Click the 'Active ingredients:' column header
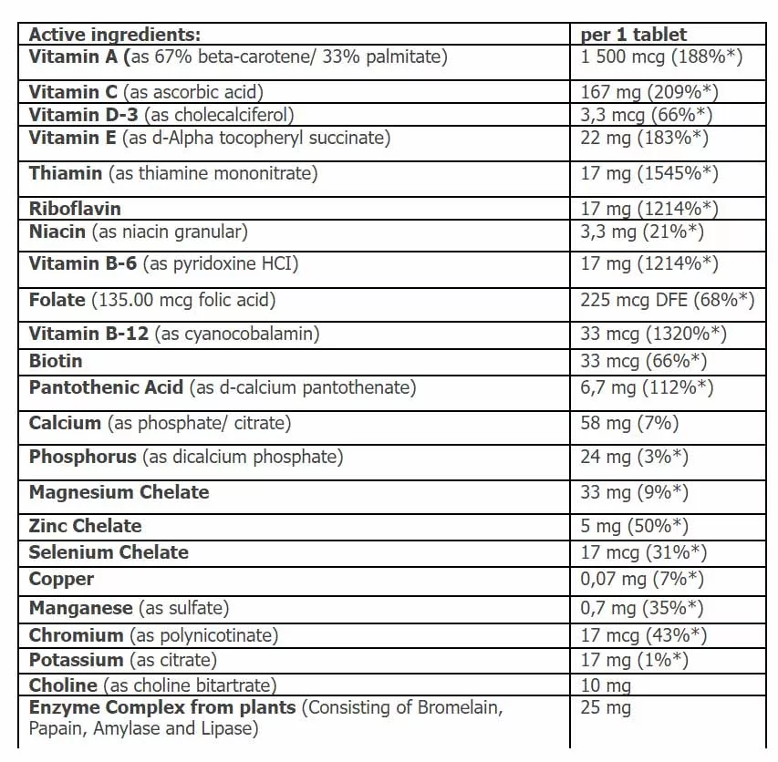(x=114, y=36)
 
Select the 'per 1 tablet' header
(x=634, y=36)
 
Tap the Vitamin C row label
(x=146, y=92)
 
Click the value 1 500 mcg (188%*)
(x=661, y=57)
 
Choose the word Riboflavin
(x=75, y=209)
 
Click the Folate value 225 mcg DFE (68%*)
(x=668, y=299)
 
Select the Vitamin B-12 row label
(x=174, y=334)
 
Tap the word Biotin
(x=56, y=361)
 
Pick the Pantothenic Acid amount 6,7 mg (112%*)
(x=647, y=387)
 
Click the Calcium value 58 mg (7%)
(x=629, y=423)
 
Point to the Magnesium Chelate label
(x=119, y=492)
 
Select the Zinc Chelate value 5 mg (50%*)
(x=634, y=526)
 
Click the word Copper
(x=61, y=579)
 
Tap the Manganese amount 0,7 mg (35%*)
(x=642, y=607)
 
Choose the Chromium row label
(x=153, y=635)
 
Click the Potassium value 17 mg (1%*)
(x=634, y=660)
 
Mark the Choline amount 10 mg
(x=606, y=685)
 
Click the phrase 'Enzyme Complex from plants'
(x=162, y=707)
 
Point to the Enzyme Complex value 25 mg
(x=606, y=708)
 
